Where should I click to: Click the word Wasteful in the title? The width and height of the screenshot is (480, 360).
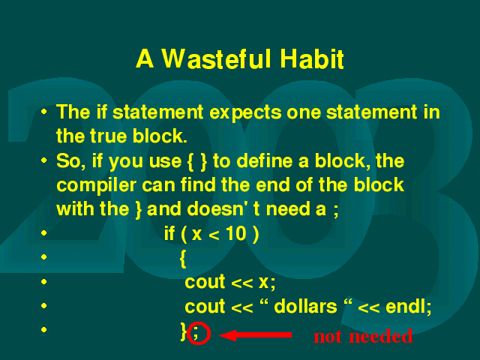click(216, 58)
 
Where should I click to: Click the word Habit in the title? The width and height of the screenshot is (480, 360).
click(312, 58)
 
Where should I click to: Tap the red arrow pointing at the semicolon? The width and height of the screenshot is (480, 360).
click(255, 335)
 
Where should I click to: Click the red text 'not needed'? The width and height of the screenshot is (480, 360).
click(363, 336)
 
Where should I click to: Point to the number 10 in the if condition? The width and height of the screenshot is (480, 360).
click(236, 234)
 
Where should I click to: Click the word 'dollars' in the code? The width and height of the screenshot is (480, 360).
click(305, 306)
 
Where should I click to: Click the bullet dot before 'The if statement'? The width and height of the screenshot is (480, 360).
click(44, 112)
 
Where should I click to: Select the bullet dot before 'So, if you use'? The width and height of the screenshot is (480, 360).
click(44, 160)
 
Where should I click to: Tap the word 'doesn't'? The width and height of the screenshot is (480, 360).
click(223, 209)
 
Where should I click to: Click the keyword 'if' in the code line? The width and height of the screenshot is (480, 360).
click(169, 233)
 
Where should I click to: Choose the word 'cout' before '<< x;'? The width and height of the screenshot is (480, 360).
click(205, 282)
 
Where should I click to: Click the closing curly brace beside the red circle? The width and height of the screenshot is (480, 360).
click(183, 331)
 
